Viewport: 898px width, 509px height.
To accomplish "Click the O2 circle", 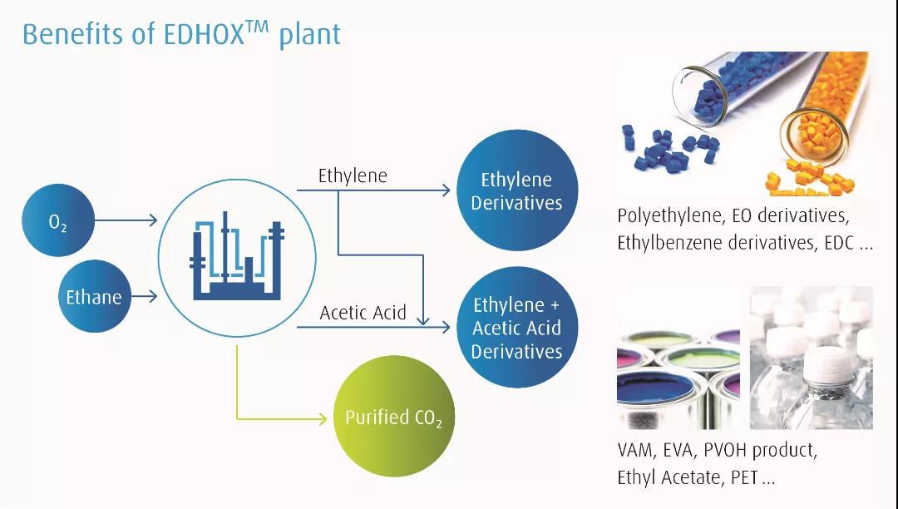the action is (58, 220).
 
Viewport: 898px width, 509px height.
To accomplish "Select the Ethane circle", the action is (95, 296).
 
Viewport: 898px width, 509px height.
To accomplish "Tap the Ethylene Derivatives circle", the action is (517, 190).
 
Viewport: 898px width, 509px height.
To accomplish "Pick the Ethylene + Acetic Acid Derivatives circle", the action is (517, 327).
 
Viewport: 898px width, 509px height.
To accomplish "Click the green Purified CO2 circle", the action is (393, 416).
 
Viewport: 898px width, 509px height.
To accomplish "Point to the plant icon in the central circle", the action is (236, 255).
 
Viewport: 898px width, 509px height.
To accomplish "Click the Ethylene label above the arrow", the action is (353, 175).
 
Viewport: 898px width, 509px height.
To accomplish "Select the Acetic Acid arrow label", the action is (363, 313).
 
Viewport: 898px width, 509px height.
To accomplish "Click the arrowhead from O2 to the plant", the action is (153, 220).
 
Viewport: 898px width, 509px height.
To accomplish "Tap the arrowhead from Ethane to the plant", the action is (153, 296).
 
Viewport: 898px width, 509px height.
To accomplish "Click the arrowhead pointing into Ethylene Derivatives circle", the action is (446, 190).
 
